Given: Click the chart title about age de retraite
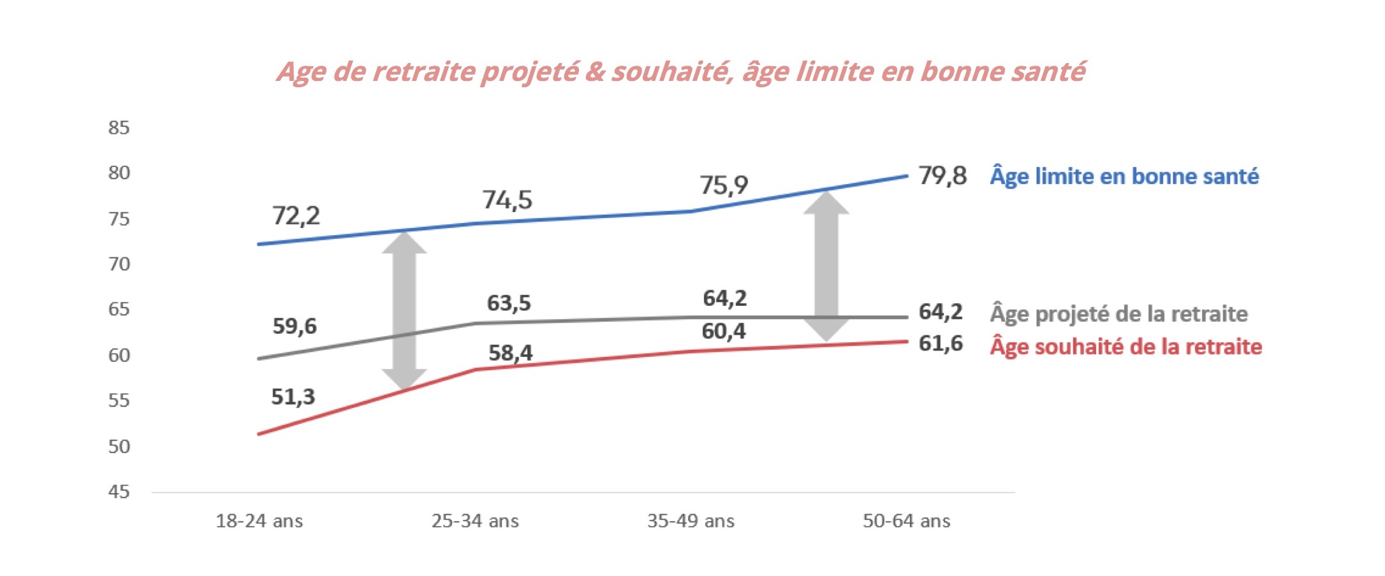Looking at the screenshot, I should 681,72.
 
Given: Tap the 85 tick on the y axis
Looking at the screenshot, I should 119,128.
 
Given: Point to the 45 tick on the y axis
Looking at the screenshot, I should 119,492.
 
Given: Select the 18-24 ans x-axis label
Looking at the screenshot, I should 259,521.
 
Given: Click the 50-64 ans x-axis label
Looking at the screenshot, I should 906,521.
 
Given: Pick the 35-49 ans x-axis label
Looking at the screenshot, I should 691,521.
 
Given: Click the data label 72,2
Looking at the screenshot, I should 296,216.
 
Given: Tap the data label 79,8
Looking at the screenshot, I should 942,176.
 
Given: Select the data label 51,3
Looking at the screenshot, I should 293,397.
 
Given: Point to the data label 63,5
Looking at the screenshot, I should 509,303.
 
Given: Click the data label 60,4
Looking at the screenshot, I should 724,331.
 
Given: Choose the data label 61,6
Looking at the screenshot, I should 941,344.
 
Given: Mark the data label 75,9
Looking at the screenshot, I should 724,185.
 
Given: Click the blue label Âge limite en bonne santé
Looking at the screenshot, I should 1124,176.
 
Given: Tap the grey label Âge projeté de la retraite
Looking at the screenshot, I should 1118,314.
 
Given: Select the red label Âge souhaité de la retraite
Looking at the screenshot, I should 1125,347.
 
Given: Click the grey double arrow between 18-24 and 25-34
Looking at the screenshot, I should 404,310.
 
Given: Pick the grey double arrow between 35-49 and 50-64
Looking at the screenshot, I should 826,266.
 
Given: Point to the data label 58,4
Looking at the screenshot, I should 510,353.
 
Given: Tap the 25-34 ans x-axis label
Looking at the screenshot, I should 475,521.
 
